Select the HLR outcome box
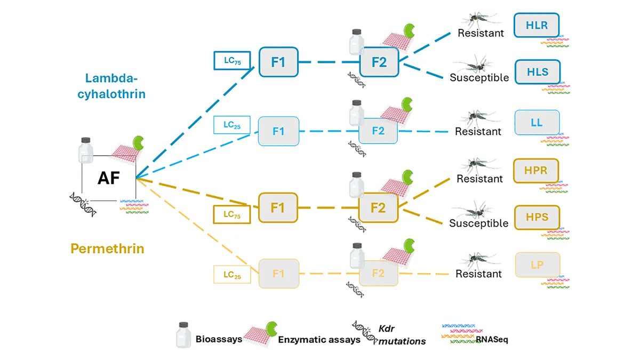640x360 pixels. (x=537, y=25)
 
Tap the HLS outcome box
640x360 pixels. (x=538, y=71)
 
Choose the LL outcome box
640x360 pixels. (x=537, y=122)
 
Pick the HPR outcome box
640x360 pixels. (x=535, y=171)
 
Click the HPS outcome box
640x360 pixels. (x=537, y=218)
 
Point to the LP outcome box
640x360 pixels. (x=538, y=265)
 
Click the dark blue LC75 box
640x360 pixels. (x=232, y=61)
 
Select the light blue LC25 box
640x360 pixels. (x=231, y=125)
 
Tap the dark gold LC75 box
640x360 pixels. (x=231, y=214)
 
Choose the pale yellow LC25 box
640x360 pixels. (x=232, y=275)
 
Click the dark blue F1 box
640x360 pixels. (x=278, y=62)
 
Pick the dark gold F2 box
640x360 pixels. (x=378, y=207)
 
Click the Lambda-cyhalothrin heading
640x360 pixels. (x=111, y=86)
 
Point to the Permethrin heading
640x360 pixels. (x=107, y=249)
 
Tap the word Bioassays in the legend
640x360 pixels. (x=219, y=339)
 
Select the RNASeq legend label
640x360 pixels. (x=492, y=339)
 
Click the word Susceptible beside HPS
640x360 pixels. (x=479, y=223)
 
